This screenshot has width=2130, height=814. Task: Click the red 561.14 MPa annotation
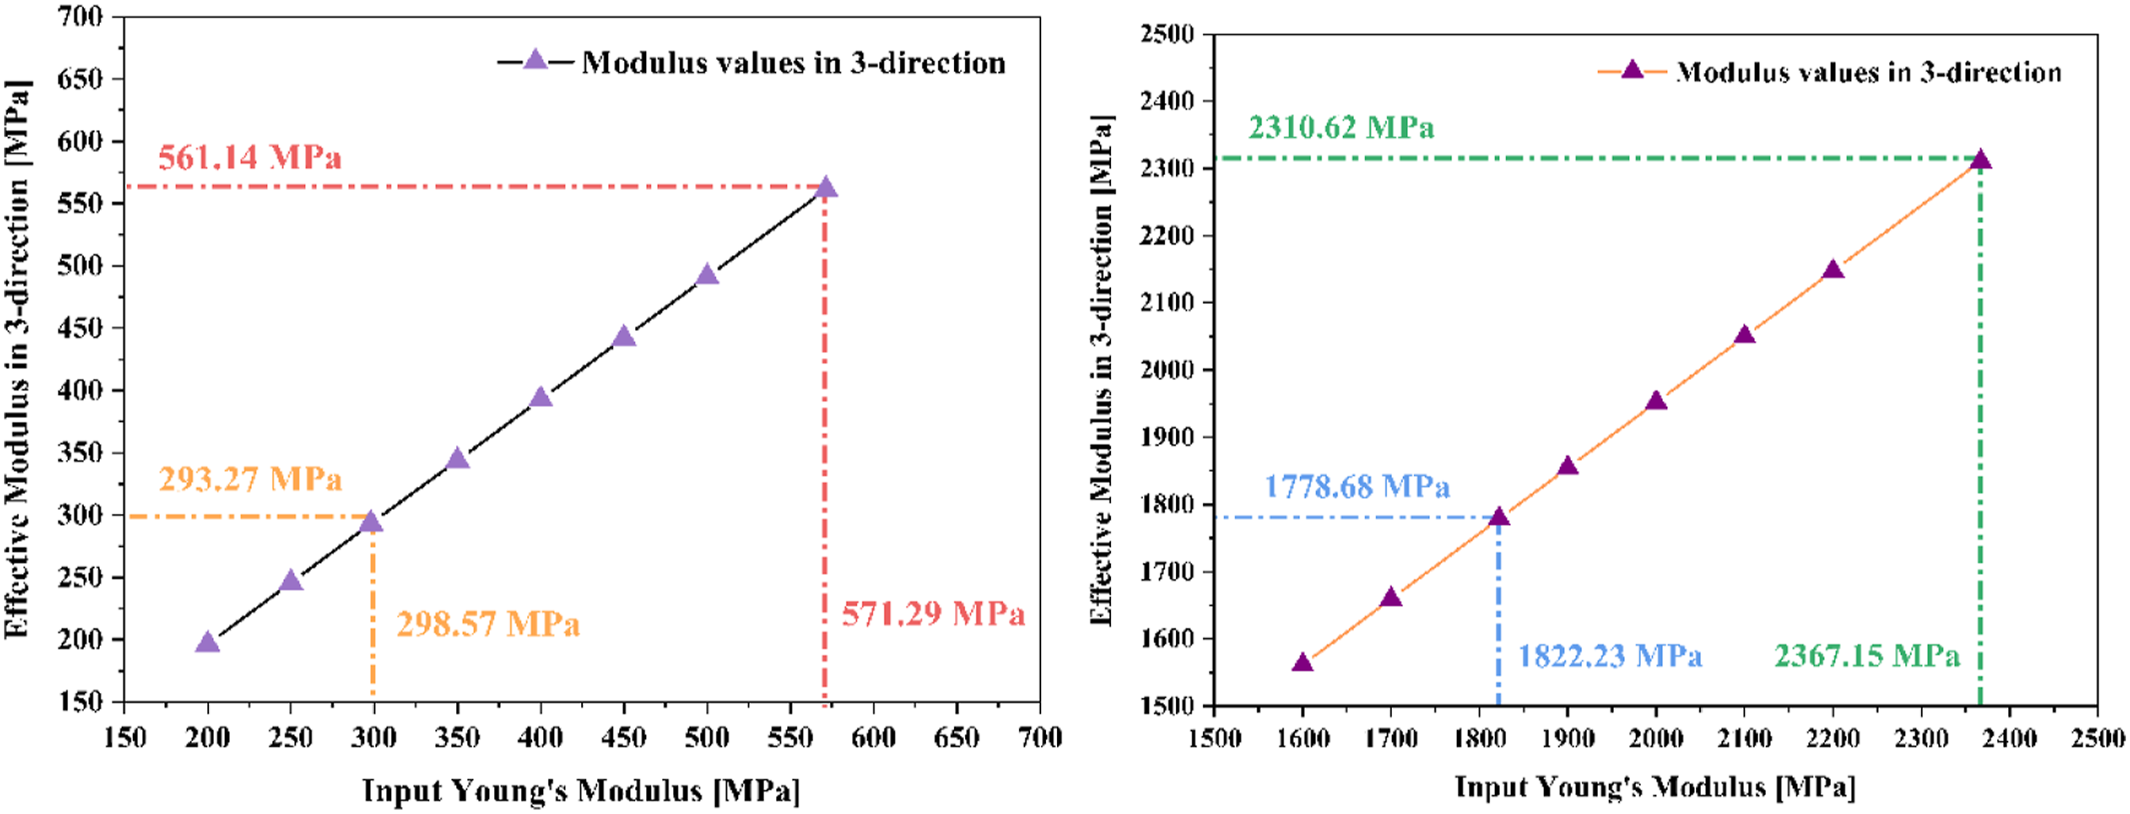click(249, 156)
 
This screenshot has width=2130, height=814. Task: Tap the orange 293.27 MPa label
click(249, 479)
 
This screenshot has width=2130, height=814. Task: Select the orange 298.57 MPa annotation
click(488, 624)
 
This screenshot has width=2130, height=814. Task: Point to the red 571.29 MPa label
click(934, 614)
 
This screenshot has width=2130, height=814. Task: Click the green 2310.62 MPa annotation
click(1341, 127)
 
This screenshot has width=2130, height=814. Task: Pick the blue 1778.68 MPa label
click(1357, 486)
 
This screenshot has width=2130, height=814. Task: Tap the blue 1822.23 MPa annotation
click(1609, 656)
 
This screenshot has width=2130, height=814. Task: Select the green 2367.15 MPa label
click(1867, 656)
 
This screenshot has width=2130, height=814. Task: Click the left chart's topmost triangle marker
click(825, 188)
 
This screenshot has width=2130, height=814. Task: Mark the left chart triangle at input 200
click(207, 642)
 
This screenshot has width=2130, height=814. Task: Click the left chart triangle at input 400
click(541, 397)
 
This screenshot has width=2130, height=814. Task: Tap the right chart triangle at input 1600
click(1303, 662)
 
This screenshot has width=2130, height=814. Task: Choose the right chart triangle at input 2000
click(1656, 401)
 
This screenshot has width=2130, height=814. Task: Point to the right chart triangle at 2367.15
click(1980, 159)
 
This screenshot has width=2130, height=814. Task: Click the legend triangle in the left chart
click(536, 59)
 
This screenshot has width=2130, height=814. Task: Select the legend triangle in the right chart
click(1632, 70)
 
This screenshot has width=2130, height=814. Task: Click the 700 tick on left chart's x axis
click(1040, 737)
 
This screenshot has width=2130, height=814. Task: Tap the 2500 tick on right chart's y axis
click(1167, 34)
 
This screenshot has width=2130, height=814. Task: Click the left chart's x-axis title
click(581, 791)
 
